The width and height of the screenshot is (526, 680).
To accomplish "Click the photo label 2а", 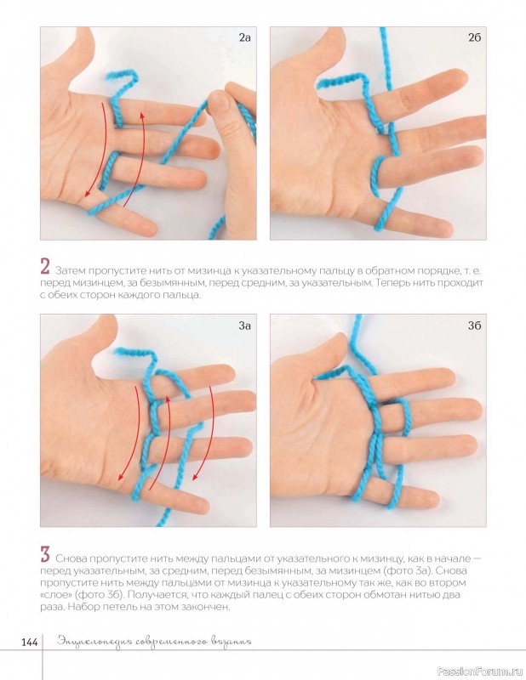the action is (244, 37).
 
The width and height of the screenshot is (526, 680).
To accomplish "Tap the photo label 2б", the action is (474, 37).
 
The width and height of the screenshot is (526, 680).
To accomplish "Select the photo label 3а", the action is (244, 326).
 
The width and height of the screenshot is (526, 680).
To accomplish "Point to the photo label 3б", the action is (474, 326).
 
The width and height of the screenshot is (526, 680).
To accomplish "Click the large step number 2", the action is (45, 267).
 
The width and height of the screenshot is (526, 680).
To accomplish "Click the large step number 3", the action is (45, 554).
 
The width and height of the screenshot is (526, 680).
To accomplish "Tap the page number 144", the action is (29, 643).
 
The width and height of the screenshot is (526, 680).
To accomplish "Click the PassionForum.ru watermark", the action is (479, 671).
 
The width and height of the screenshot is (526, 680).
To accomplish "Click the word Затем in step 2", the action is (70, 271).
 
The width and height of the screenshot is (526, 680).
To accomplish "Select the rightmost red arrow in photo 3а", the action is (204, 433).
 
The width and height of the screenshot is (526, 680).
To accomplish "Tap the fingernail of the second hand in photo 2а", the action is (219, 102).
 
